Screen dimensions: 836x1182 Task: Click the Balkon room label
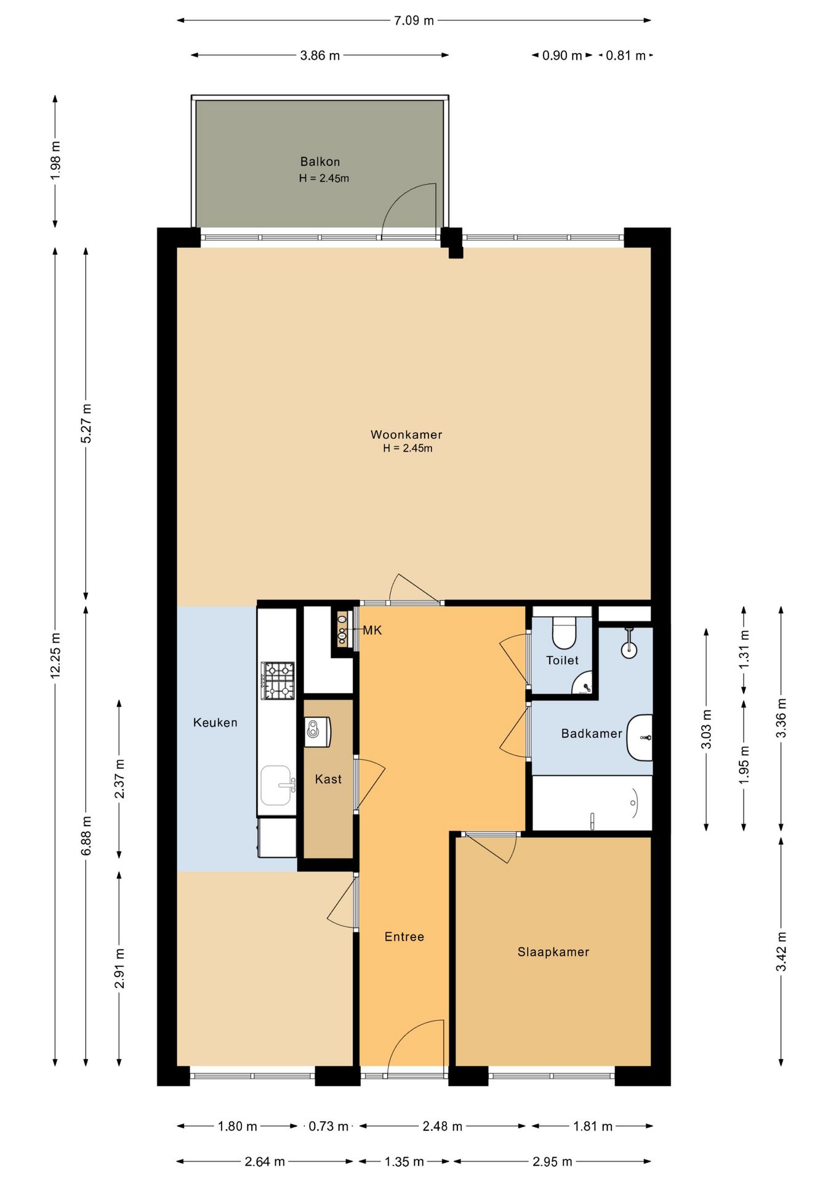click(x=320, y=162)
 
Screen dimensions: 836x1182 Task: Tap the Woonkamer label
click(x=406, y=435)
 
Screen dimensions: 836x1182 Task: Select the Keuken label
click(x=215, y=723)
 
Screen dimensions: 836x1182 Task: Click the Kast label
click(x=328, y=779)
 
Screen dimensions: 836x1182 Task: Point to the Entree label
click(x=404, y=937)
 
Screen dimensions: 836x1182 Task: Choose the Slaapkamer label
click(x=553, y=952)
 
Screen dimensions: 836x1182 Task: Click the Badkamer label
click(x=592, y=734)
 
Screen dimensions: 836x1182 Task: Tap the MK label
click(x=372, y=630)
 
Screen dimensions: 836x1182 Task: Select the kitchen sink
click(x=276, y=786)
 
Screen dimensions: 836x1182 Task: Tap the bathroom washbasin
click(x=640, y=738)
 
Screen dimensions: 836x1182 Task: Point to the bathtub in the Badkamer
click(x=592, y=803)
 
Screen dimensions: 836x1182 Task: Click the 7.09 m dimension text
click(x=414, y=21)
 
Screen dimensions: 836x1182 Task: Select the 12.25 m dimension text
click(x=55, y=656)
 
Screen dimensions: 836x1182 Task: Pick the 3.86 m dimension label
click(x=320, y=55)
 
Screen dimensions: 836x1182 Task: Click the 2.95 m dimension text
click(x=552, y=1162)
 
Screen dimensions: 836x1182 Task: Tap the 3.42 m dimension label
click(x=781, y=952)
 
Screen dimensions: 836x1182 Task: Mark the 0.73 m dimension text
click(x=329, y=1127)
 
